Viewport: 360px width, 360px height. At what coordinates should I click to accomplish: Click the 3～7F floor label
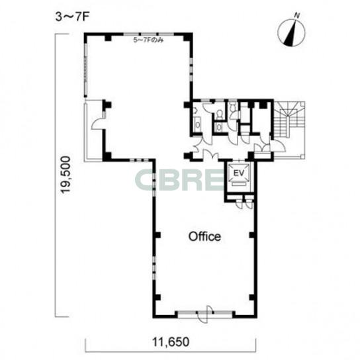point(72,17)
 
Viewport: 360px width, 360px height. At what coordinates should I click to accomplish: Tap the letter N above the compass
point(297,16)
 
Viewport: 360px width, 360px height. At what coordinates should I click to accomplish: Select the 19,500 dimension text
point(65,175)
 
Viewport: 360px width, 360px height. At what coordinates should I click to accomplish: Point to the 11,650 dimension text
point(171,342)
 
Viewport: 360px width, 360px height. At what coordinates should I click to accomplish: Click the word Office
point(204,236)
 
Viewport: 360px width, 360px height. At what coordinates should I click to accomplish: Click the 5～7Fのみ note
point(148,40)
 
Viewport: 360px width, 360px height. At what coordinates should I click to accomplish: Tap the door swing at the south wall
point(204,314)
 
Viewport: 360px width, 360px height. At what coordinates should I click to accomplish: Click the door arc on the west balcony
point(98,124)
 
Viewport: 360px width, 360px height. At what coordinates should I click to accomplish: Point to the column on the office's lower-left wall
point(157,297)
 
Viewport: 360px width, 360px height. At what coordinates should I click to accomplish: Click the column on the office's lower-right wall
point(252,297)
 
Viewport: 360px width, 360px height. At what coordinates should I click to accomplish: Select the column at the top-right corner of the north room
point(187,37)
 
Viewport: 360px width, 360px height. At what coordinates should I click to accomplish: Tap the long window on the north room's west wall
point(86,69)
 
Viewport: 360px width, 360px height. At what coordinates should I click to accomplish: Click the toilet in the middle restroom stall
point(220,114)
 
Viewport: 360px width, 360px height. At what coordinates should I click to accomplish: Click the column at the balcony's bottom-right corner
point(107,157)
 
